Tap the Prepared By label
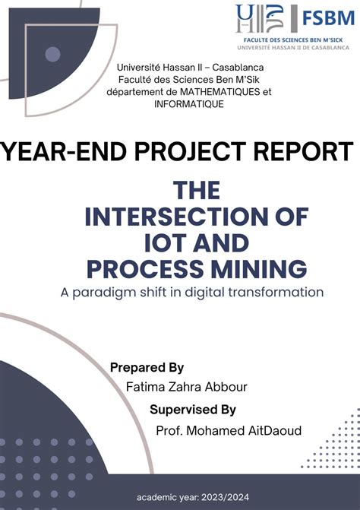click(x=147, y=367)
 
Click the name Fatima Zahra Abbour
click(x=186, y=388)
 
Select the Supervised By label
click(x=193, y=410)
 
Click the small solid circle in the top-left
click(x=52, y=54)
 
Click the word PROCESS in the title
click(x=144, y=268)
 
